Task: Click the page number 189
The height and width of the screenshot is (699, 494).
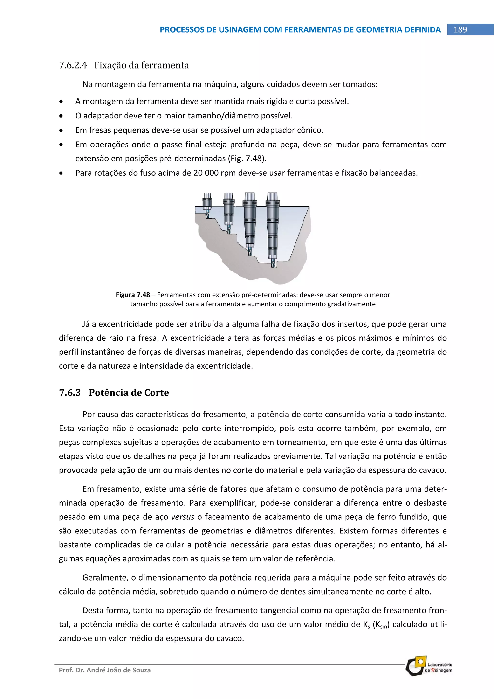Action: point(460,29)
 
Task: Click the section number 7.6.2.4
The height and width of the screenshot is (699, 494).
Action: point(73,65)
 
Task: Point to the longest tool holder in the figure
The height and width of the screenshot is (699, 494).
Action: point(272,225)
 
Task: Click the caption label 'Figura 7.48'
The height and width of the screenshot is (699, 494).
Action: point(133,295)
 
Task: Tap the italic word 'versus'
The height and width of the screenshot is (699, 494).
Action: point(183,517)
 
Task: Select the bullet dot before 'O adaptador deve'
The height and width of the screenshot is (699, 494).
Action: point(62,116)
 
